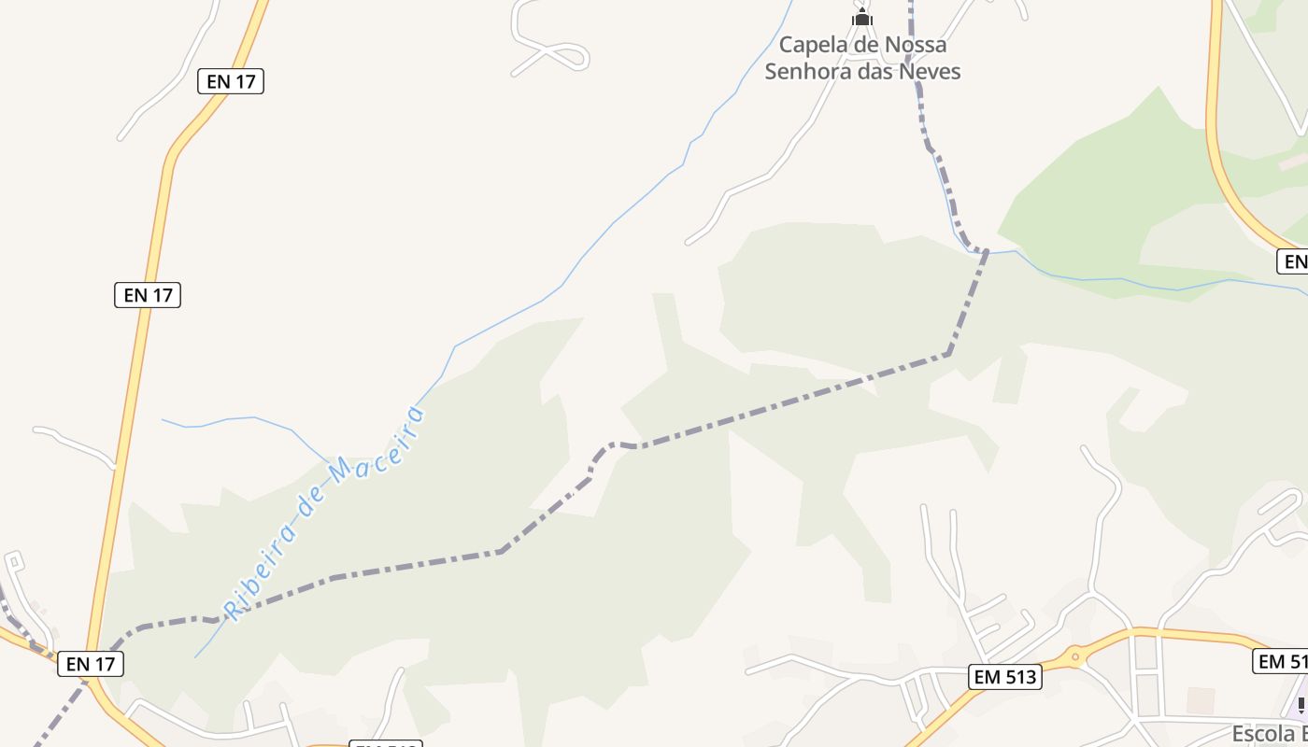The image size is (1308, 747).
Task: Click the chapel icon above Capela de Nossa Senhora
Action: point(861,17)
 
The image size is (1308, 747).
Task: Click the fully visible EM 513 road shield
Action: point(1004,677)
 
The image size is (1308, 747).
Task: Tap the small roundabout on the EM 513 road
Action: point(1075,657)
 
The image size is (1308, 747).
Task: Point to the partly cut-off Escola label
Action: point(1269,733)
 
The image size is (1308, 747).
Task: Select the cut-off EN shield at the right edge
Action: point(1293,261)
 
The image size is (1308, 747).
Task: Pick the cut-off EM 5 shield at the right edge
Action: point(1281,661)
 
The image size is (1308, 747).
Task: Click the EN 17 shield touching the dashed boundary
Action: point(90,664)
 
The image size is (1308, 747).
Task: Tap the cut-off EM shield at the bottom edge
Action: point(385,744)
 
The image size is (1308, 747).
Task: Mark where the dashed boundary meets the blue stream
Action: point(984,251)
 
